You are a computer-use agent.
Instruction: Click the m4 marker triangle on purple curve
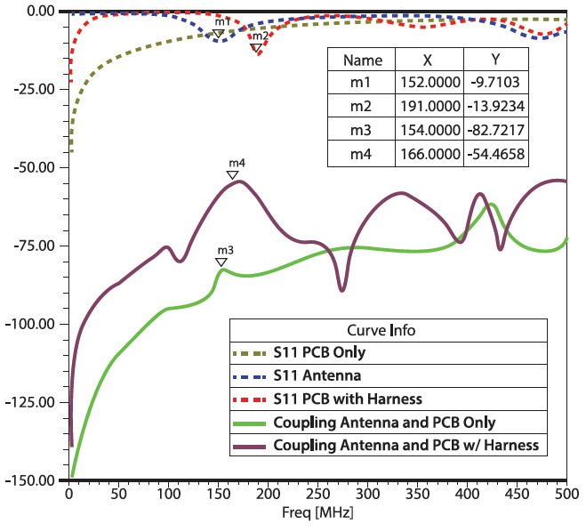click(232, 174)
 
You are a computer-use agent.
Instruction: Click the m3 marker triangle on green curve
click(221, 262)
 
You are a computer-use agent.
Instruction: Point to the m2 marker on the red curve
click(256, 48)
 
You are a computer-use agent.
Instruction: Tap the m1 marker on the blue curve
click(218, 34)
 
